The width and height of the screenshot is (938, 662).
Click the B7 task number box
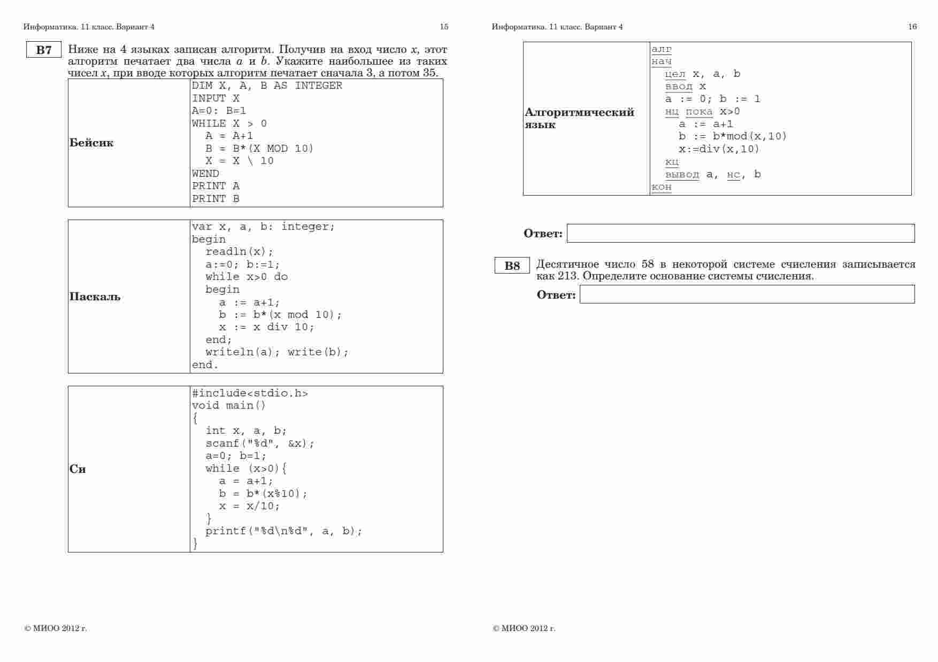coord(44,50)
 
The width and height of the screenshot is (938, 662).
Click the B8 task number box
coord(512,266)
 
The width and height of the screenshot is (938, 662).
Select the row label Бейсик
coord(91,143)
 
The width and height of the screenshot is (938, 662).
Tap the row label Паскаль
coord(95,297)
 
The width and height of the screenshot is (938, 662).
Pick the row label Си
coord(78,469)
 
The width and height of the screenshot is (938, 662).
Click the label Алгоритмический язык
coord(579,118)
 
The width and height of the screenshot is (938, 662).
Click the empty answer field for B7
coord(740,233)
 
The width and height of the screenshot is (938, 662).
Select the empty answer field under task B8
coord(747,294)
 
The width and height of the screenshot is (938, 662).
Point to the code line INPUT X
coord(216,98)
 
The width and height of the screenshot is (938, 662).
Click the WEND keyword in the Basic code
coord(205,174)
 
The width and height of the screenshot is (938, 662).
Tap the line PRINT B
coord(216,199)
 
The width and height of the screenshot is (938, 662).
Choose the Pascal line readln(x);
coord(239,252)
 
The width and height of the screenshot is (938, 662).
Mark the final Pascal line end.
coord(205,365)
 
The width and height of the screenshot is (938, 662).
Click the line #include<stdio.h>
coord(250,393)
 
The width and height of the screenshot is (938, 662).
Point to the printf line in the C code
coord(283,531)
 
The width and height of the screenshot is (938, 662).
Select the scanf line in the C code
coord(260,443)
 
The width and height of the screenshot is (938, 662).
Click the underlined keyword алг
coord(662,49)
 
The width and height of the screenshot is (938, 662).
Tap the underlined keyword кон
coord(662,187)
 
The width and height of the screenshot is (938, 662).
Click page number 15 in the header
coord(444,27)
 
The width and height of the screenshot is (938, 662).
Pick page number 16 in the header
coord(912,27)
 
